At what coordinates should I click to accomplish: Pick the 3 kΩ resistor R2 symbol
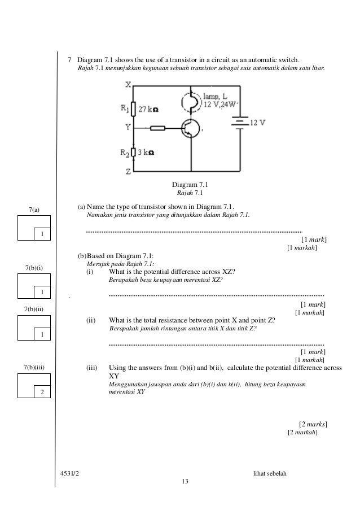click(x=133, y=152)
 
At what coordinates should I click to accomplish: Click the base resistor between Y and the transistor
click(x=157, y=128)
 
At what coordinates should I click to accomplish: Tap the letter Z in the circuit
click(x=129, y=172)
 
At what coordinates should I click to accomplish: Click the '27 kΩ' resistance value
click(x=148, y=111)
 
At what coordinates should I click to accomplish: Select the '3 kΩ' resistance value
click(x=147, y=152)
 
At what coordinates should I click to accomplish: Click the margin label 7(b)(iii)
click(x=34, y=368)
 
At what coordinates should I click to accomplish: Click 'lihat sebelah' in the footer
click(x=270, y=473)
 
